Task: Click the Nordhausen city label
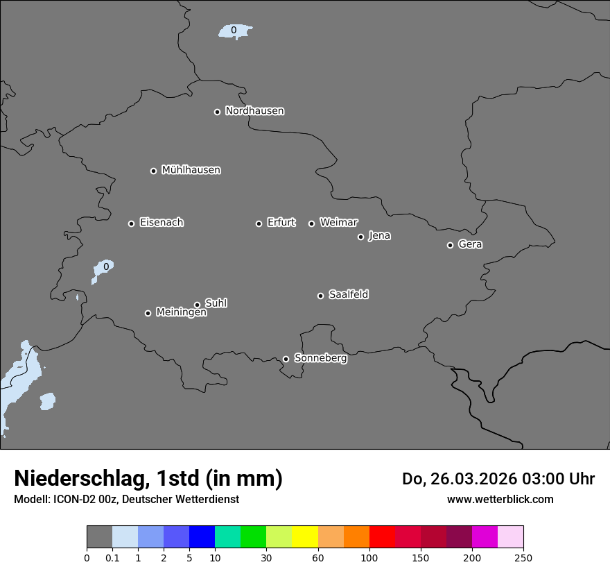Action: pos(254,111)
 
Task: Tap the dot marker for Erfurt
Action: pos(259,223)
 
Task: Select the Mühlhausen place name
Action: pos(191,170)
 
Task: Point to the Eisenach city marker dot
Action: pos(131,223)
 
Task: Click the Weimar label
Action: pos(338,223)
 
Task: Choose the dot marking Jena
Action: pos(360,237)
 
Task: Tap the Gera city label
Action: pos(470,244)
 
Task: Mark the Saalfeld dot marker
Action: pos(320,296)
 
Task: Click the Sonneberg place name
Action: pos(320,358)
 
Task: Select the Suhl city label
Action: pos(216,303)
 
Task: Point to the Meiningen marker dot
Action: pos(148,313)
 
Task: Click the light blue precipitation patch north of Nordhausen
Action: pos(234,31)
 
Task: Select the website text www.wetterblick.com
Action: pos(500,499)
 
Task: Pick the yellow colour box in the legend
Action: pos(305,537)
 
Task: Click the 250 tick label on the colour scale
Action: pos(523,557)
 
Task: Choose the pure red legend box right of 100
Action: pos(382,537)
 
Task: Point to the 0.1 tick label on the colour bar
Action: pos(112,557)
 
